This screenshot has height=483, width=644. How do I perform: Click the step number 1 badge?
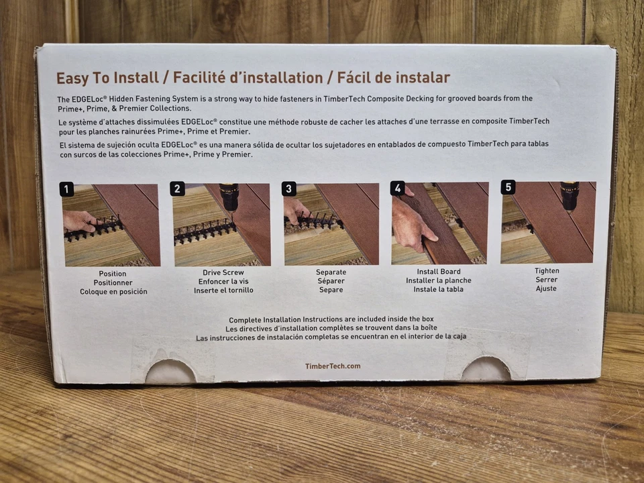point(66,189)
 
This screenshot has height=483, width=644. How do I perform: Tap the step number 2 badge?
point(177,189)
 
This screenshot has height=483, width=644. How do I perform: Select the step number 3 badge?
point(288,189)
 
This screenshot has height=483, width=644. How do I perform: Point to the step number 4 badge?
point(398,188)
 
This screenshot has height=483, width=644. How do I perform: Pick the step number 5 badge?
point(508,187)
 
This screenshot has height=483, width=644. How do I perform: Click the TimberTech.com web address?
point(333,366)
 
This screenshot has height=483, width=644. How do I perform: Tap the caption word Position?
point(113,274)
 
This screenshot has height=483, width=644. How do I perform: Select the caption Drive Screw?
point(223,272)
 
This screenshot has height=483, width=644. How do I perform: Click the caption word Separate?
point(331,272)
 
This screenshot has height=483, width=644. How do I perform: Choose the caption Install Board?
point(439,272)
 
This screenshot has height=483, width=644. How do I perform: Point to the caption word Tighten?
point(547,270)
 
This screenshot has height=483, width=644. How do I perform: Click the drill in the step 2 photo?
point(229,197)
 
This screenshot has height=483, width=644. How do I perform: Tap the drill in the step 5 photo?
point(570,197)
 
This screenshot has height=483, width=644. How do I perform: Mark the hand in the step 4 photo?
point(411,222)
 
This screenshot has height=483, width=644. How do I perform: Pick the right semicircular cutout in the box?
point(486,369)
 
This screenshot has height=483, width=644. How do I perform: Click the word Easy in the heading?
point(72,78)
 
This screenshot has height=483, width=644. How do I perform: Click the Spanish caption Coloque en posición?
point(113,292)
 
